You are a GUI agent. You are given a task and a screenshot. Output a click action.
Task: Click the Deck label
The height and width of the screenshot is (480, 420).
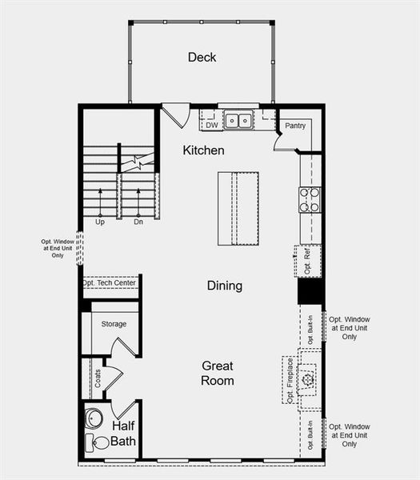pyautogui.click(x=202, y=57)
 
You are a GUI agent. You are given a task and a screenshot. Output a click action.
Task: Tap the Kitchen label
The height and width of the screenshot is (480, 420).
pyautogui.click(x=203, y=150)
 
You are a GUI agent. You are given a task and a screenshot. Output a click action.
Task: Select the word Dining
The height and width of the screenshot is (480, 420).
pyautogui.click(x=224, y=286)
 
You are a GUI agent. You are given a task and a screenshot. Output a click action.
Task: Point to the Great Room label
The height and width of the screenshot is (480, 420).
pyautogui.click(x=218, y=373)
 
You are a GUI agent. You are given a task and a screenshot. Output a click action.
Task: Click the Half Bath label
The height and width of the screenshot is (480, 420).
pyautogui.click(x=123, y=434)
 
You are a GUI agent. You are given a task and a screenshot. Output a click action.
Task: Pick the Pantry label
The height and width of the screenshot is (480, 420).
pyautogui.click(x=295, y=126)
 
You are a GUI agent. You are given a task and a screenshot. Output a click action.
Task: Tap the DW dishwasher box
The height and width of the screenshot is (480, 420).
pyautogui.click(x=211, y=125)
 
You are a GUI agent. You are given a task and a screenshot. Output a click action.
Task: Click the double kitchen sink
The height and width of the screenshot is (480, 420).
pyautogui.click(x=238, y=121)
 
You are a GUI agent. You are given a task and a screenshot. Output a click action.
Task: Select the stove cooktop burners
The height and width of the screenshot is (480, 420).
pyautogui.click(x=310, y=199)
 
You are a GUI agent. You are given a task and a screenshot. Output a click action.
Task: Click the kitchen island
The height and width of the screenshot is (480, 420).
pyautogui.click(x=238, y=208)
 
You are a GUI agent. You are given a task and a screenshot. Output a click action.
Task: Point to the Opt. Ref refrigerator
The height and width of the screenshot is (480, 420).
pyautogui.click(x=308, y=262)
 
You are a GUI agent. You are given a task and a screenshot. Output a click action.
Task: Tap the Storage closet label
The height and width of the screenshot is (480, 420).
pyautogui.click(x=114, y=324)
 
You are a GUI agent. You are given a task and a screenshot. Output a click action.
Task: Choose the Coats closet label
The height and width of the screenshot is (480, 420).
pyautogui.click(x=98, y=378)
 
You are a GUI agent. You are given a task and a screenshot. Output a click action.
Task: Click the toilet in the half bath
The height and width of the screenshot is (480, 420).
pyautogui.click(x=101, y=443)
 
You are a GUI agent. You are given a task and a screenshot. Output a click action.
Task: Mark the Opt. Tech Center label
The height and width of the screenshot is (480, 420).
pyautogui.click(x=110, y=283)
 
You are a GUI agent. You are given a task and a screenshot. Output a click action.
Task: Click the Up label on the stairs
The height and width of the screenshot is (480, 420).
pyautogui.click(x=100, y=222)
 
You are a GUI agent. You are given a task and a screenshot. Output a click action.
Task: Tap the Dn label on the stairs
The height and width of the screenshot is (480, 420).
pyautogui.click(x=138, y=222)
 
